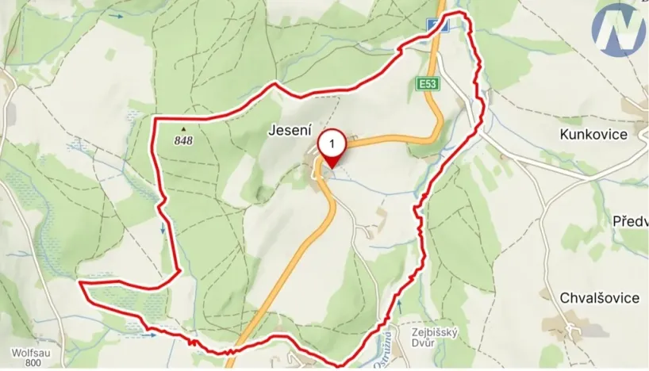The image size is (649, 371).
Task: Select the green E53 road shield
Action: click(428, 82)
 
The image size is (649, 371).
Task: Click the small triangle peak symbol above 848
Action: click(184, 128)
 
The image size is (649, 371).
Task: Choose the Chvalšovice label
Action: click(600, 298)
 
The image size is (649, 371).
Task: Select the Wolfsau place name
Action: click(32, 351)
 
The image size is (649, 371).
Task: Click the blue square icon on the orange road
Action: click(441, 25)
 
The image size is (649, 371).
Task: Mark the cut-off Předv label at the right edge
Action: click(631, 220)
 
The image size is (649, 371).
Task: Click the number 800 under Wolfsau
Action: click(33, 363)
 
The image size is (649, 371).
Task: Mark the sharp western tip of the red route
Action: click(79, 281)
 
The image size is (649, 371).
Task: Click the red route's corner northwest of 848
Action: click(153, 119)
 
